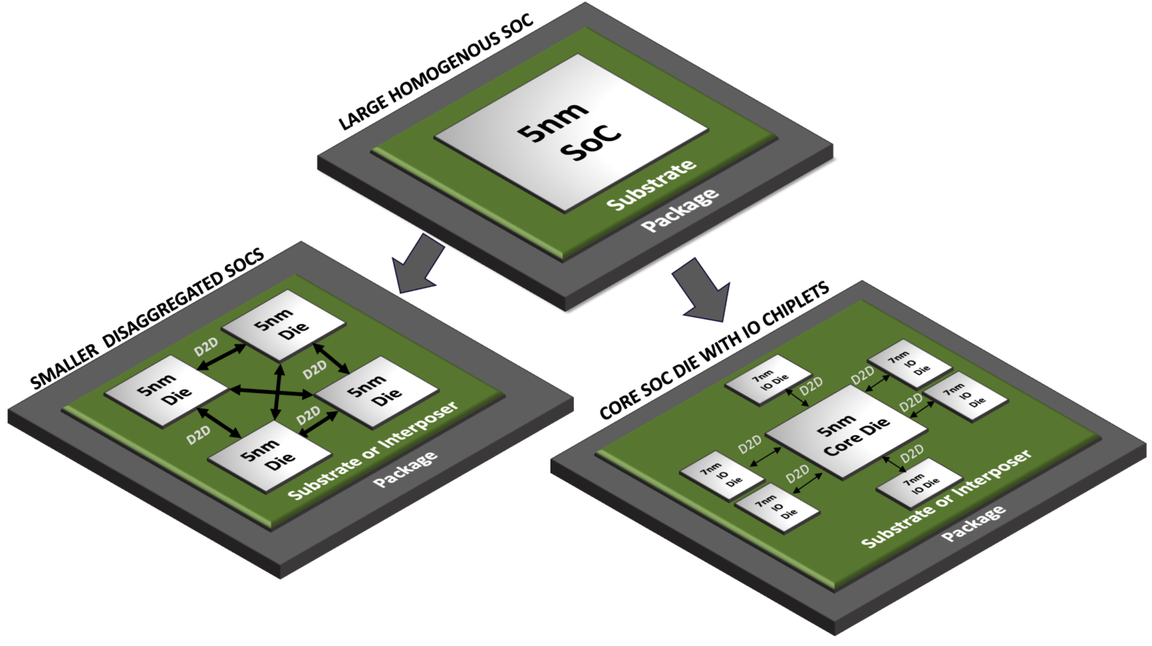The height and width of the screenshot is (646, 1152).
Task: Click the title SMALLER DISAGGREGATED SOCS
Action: pos(147,320)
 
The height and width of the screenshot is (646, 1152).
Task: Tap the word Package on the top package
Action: pos(679,211)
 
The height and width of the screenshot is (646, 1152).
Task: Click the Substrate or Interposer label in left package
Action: pos(373,450)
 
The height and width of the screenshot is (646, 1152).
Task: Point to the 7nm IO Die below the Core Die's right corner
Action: pos(919,483)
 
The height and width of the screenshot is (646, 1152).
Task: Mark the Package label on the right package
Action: pos(973,524)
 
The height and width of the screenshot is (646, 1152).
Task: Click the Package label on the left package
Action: pos(405,470)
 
